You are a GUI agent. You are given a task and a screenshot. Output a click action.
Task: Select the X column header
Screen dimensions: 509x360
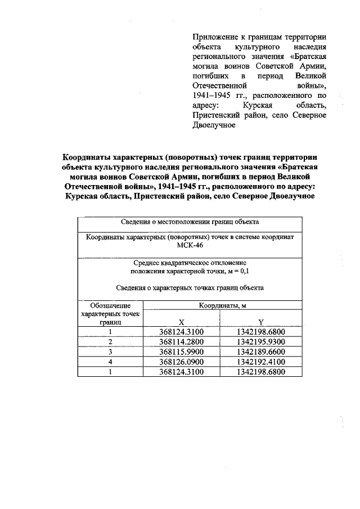(181, 323)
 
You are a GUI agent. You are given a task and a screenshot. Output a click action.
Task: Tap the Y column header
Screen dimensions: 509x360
(261, 323)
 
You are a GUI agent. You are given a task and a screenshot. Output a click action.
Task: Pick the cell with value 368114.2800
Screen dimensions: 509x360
(181, 342)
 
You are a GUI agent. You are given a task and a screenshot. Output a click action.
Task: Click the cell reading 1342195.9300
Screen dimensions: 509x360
(261, 342)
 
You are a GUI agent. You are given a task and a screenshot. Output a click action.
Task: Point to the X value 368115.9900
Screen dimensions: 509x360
(181, 352)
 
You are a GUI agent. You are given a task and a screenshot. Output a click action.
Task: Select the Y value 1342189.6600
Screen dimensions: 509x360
(261, 352)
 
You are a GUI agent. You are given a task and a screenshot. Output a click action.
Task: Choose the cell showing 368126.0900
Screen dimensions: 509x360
(181, 362)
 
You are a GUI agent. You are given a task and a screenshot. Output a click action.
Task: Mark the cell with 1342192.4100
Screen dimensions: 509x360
(261, 362)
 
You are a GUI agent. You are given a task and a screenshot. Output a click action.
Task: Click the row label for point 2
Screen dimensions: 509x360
(111, 342)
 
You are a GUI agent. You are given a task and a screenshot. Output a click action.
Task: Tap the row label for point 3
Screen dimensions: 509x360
(111, 352)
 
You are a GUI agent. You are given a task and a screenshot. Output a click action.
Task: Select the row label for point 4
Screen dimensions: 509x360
(111, 362)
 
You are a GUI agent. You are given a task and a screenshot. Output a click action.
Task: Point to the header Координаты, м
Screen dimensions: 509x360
(222, 306)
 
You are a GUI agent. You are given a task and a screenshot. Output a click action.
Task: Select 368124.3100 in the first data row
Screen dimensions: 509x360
(181, 332)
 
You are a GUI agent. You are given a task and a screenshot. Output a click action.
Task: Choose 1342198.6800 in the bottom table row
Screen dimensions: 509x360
(261, 372)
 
